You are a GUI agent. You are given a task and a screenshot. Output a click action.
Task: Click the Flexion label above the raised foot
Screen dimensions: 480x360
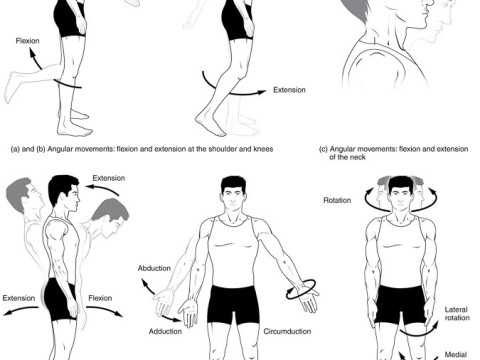click(x=27, y=41)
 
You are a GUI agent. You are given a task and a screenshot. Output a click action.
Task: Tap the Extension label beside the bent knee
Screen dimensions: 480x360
click(x=289, y=90)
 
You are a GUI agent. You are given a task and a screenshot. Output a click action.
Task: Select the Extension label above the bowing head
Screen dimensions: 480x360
click(x=109, y=178)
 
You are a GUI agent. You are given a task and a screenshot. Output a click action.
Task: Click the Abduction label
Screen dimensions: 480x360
click(x=154, y=268)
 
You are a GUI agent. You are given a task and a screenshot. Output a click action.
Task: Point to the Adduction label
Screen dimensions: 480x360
click(x=165, y=331)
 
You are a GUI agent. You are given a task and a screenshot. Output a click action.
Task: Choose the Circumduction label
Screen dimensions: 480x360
click(x=287, y=331)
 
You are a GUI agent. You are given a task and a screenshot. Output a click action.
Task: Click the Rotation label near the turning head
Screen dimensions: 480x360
click(x=337, y=200)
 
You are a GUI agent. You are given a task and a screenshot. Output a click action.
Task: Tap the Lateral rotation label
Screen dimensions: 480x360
click(x=457, y=314)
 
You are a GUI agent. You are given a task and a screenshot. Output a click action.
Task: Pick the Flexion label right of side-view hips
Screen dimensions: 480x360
click(x=100, y=298)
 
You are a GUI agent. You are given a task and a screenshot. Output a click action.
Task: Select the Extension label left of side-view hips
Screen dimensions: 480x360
click(x=19, y=298)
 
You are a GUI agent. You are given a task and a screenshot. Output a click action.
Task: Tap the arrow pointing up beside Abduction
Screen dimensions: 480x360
click(x=147, y=287)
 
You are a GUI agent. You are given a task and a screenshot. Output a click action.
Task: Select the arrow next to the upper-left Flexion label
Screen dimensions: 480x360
click(x=35, y=59)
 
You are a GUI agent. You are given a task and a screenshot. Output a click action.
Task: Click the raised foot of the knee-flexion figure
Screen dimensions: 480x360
click(x=11, y=87)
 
